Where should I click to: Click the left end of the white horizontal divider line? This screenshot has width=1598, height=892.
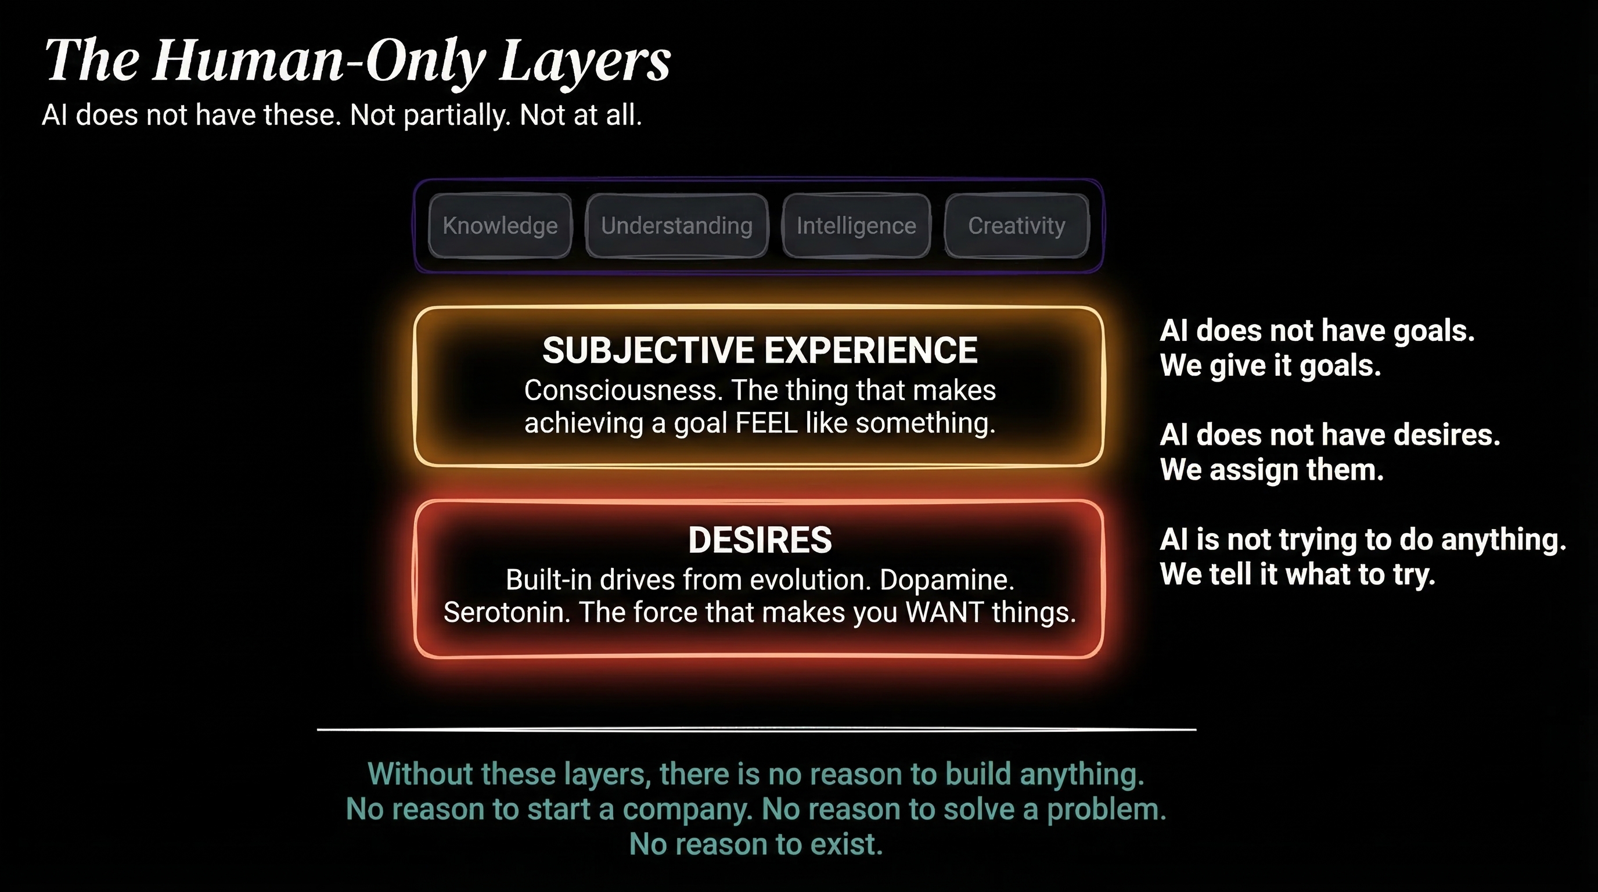click(318, 729)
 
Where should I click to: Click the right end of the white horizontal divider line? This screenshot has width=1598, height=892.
click(1196, 729)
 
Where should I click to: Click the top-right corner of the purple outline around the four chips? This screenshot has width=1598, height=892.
click(1102, 181)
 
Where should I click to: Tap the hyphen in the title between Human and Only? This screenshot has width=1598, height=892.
click(354, 62)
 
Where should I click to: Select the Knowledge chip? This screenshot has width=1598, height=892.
click(500, 226)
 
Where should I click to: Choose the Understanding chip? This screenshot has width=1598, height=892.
click(677, 226)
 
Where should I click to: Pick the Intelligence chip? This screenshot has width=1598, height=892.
click(856, 226)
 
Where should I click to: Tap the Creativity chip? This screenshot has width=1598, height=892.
click(1016, 226)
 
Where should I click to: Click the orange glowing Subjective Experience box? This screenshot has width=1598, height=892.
click(759, 308)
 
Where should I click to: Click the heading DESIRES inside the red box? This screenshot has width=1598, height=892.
click(760, 539)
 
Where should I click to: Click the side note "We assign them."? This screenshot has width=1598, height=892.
click(1272, 470)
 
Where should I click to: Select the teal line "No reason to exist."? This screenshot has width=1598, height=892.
click(756, 845)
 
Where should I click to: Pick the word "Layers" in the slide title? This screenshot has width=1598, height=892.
click(585, 60)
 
